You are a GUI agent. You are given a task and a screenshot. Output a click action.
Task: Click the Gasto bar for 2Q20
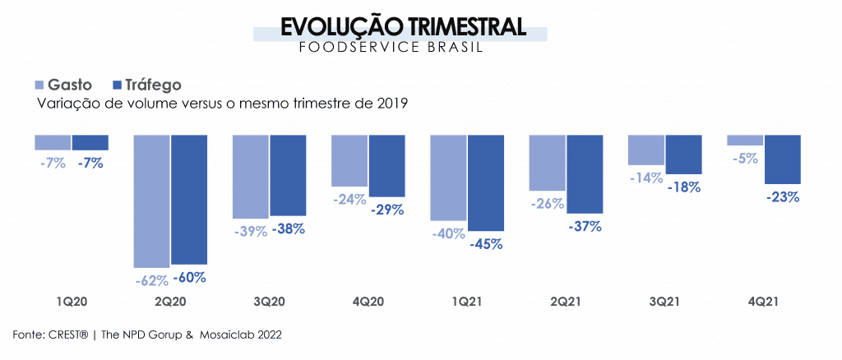(152, 201)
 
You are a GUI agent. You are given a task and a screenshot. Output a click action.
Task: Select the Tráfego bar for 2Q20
(189, 199)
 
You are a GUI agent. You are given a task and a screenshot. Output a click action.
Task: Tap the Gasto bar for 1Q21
(448, 178)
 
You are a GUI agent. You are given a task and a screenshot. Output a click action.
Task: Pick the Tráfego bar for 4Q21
(782, 159)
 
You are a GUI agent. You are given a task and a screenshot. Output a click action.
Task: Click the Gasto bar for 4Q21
(745, 140)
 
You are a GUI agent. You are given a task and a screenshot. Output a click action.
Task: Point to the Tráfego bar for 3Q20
(288, 175)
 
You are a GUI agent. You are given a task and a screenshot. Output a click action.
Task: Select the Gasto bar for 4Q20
(349, 160)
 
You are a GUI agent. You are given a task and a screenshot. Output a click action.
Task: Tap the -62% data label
(153, 280)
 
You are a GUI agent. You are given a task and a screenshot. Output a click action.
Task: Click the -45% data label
(486, 243)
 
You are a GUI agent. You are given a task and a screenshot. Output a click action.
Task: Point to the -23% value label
(782, 197)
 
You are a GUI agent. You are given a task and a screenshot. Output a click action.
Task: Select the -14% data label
(645, 178)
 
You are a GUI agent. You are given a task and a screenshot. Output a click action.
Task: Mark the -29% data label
(386, 210)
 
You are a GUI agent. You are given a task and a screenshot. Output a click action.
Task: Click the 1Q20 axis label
(72, 302)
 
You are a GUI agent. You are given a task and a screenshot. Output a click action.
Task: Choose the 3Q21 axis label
(664, 302)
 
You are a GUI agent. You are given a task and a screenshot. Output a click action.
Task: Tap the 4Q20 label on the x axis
(368, 302)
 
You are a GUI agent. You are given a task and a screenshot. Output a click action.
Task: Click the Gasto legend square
(39, 85)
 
